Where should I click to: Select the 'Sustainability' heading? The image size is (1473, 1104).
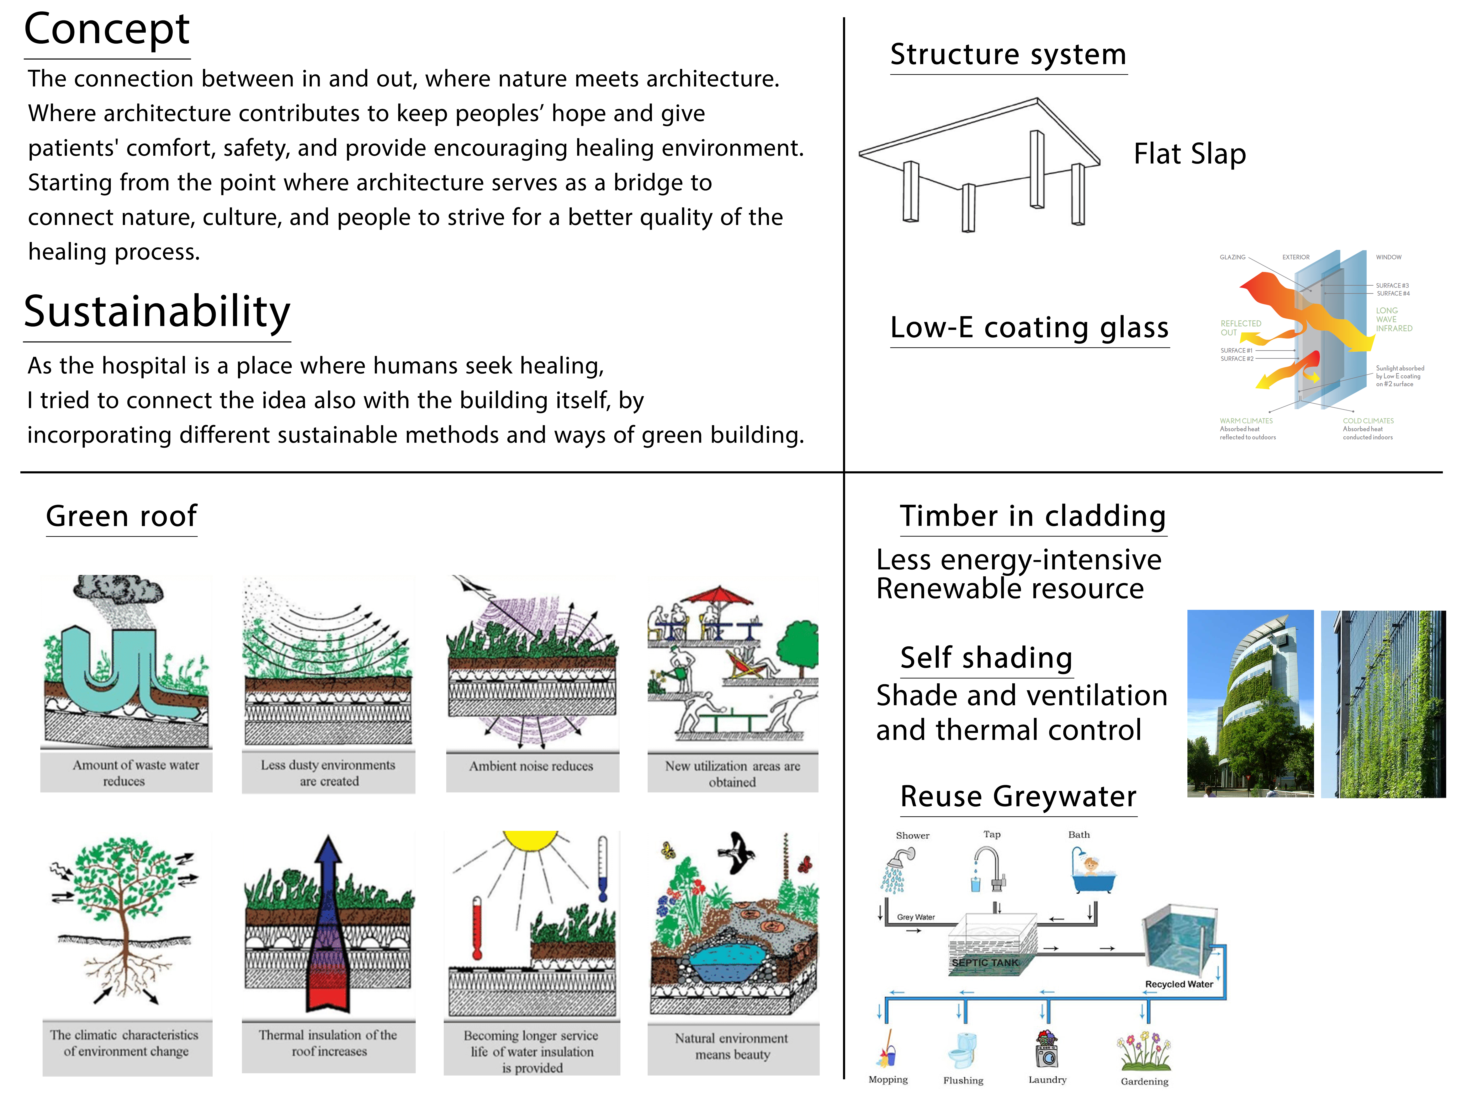click(157, 311)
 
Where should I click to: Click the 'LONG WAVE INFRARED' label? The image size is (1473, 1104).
click(1394, 319)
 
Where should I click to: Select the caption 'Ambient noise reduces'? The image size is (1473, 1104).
click(531, 766)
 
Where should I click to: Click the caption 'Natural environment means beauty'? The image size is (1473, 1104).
click(732, 1046)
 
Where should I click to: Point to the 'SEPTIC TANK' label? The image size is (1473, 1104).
click(985, 962)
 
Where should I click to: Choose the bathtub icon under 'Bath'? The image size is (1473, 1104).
click(1092, 872)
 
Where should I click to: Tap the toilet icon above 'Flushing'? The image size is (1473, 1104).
click(962, 1050)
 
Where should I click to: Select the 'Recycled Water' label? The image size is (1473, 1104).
click(1179, 984)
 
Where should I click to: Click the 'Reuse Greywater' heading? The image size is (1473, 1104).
click(1018, 797)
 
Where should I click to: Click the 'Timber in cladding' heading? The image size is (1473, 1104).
click(1033, 516)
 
